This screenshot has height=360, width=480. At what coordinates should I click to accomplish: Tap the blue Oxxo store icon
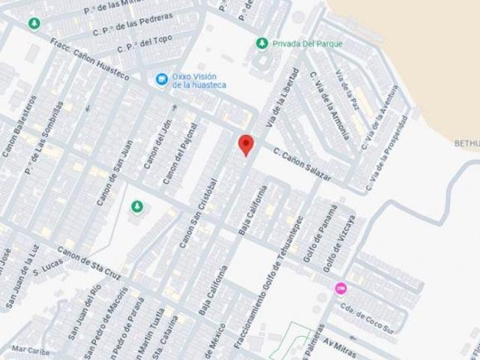[161, 79]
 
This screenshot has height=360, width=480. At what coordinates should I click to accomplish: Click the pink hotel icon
[340, 288]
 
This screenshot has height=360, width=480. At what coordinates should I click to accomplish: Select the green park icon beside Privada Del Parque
[261, 43]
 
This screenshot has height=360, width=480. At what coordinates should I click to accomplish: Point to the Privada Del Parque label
[307, 44]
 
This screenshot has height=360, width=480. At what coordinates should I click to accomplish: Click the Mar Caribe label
[30, 349]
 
